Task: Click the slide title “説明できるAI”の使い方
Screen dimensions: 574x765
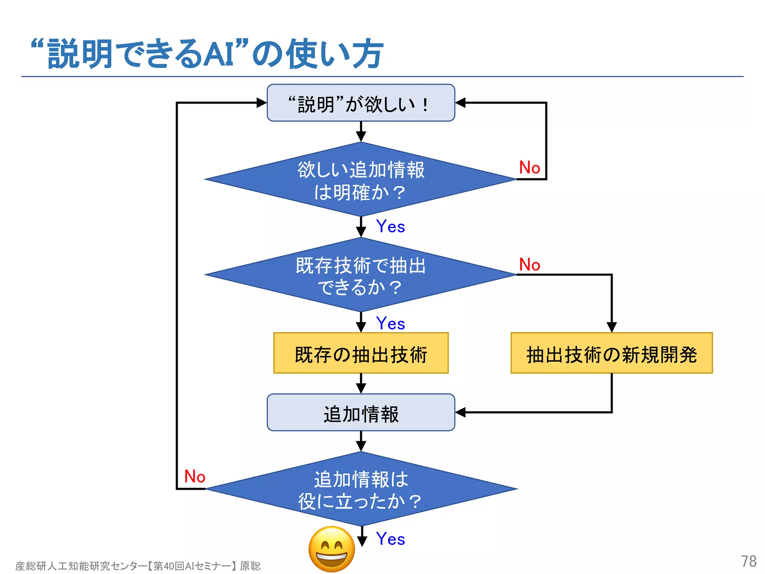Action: [207, 54]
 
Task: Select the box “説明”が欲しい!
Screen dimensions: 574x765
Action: [361, 103]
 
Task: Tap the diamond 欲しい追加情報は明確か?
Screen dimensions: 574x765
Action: [361, 180]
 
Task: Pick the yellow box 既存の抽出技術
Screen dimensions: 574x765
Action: [361, 353]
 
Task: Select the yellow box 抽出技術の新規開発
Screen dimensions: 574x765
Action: [611, 353]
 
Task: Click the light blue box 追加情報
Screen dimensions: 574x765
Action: [361, 413]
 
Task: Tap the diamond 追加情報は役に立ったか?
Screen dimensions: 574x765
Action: [361, 489]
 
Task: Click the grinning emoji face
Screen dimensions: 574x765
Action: [332, 549]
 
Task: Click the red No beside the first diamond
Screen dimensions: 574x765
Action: [529, 167]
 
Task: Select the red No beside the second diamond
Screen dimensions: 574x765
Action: [529, 265]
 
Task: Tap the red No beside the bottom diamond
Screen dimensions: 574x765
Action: [195, 476]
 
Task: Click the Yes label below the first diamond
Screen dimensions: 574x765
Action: [390, 226]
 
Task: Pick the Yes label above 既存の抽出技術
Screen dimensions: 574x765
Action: [390, 324]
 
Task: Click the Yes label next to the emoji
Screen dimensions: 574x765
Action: [390, 539]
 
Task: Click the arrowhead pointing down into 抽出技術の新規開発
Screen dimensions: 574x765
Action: [611, 327]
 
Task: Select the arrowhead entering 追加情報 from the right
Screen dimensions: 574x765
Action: [461, 413]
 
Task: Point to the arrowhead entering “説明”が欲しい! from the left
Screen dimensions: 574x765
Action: [262, 103]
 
